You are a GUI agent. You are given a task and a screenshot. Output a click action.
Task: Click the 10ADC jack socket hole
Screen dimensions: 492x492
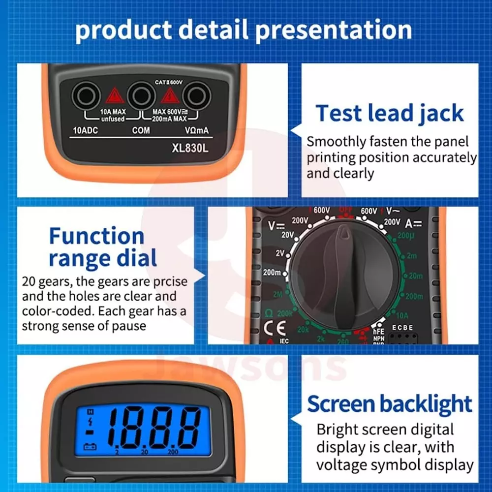coord(87,95)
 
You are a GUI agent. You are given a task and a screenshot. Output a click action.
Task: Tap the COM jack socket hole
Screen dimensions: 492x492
coord(141,95)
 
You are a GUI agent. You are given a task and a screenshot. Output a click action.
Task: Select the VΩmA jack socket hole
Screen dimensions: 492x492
coord(197,95)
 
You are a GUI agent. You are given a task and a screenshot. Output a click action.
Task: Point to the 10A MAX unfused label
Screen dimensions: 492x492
coord(113,115)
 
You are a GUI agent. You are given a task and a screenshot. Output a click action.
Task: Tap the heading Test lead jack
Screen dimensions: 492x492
coord(389,113)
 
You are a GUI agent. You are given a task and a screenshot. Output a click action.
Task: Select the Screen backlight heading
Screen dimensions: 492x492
coord(390,404)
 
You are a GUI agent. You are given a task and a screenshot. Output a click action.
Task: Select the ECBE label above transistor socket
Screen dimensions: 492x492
coord(402,328)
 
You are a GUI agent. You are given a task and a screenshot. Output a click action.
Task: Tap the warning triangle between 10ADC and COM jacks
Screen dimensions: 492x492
coord(114,95)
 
